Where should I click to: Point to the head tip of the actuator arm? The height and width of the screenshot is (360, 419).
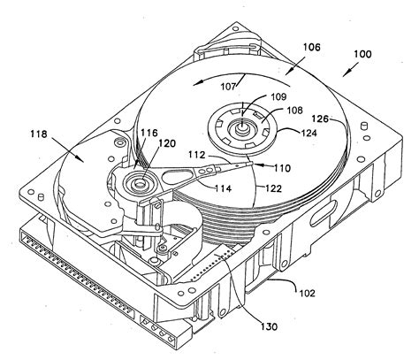[254, 164]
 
